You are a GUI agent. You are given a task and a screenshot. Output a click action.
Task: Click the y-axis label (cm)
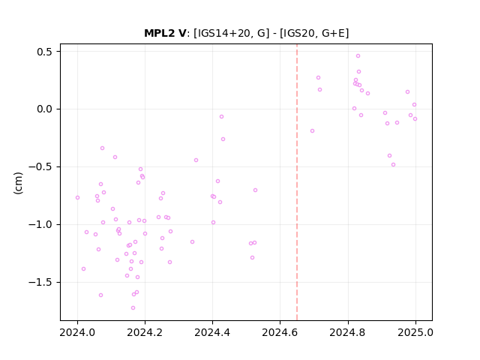18,183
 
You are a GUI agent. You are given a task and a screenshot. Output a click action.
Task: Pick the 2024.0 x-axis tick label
77,332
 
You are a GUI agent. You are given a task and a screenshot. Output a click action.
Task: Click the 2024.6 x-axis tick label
280,332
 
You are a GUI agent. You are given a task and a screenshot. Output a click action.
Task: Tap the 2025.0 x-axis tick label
415,332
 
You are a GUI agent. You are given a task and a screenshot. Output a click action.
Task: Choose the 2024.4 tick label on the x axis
212,332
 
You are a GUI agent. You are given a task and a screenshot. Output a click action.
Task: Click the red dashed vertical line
297,182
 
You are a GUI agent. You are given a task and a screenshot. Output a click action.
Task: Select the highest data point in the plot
358,56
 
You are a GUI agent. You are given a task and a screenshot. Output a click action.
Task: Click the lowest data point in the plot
133,308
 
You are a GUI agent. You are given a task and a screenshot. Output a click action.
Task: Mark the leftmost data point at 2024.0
77,198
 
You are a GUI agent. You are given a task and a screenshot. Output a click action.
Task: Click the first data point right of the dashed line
312,131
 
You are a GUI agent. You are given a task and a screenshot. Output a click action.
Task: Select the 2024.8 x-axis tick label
347,332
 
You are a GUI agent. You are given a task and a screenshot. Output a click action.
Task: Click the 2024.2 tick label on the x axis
145,332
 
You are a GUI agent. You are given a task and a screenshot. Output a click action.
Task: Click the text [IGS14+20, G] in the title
232,33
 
